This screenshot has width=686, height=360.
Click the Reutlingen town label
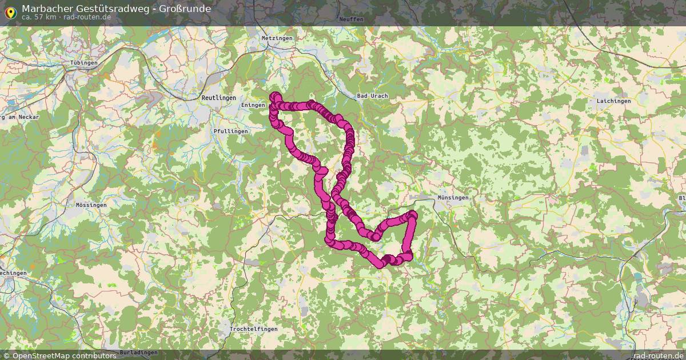coord(218,98)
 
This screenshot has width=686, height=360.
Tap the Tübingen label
coord(83,62)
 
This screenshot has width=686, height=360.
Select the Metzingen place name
coord(276,38)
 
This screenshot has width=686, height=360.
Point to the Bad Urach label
coord(372,96)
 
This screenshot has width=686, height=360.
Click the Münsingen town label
coord(452,198)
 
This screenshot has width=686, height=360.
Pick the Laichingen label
coord(613,101)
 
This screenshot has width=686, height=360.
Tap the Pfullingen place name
coord(230,131)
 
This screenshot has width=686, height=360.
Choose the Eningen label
coord(253,105)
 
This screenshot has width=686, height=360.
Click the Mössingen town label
coord(91,205)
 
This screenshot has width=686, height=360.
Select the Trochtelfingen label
coord(253,329)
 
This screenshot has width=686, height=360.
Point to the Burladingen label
coord(139,353)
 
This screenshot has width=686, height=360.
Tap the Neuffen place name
coord(351,19)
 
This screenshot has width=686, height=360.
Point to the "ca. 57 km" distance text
coord(39,17)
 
